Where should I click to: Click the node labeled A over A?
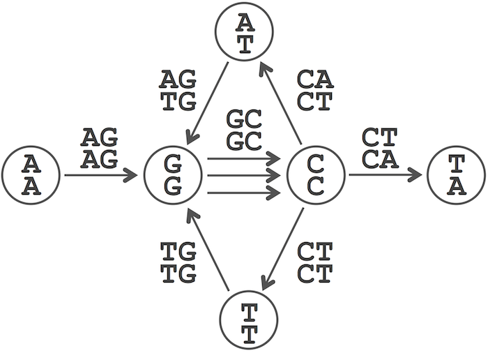tap(31, 175)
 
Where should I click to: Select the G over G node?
tap(173, 175)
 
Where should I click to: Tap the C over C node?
tap(316, 175)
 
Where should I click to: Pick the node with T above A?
tap(457, 175)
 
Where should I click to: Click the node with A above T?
tap(244, 31)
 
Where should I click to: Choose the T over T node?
tap(249, 320)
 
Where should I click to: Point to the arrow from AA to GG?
tap(101, 175)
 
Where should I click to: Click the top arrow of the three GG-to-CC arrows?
tap(244, 159)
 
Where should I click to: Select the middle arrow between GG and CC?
tap(244, 176)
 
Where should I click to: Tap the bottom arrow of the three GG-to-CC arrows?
tap(244, 193)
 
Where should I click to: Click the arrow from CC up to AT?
tap(280, 105)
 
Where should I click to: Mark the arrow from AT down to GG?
tap(208, 103)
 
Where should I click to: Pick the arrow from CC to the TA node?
tap(386, 174)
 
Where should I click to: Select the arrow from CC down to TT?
tap(282, 249)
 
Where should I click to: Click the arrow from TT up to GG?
tap(208, 250)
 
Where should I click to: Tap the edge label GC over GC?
tap(244, 130)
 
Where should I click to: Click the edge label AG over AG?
tap(100, 148)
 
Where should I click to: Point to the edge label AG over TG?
tap(178, 90)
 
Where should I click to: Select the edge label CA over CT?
tap(315, 90)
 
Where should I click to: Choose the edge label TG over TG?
tap(178, 262)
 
